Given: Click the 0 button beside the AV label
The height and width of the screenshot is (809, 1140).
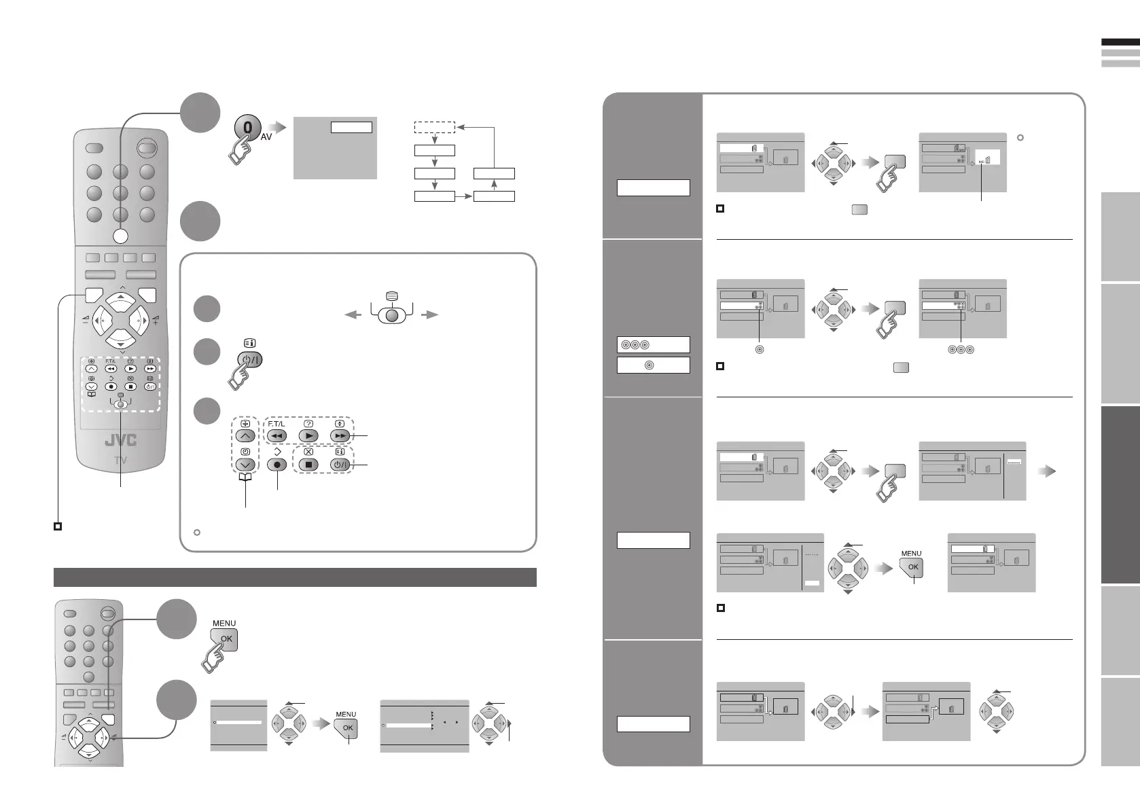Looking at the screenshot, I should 247,128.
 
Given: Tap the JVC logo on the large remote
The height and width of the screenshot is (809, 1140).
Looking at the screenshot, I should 120,440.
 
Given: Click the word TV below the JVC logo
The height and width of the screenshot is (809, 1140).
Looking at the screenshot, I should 120,460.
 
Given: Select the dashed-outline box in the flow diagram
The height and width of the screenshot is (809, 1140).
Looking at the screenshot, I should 434,127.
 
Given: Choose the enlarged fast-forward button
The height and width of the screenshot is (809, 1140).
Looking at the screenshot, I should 340,436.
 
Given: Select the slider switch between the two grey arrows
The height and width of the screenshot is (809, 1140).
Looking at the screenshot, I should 391,314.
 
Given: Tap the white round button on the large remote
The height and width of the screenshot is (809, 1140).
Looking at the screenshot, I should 120,236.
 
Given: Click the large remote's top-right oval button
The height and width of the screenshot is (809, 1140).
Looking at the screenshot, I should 146,149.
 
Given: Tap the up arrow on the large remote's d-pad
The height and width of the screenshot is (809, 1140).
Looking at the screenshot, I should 120,298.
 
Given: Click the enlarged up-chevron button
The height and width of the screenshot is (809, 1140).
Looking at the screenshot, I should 245,436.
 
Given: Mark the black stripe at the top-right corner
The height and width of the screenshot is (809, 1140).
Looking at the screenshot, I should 1120,42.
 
